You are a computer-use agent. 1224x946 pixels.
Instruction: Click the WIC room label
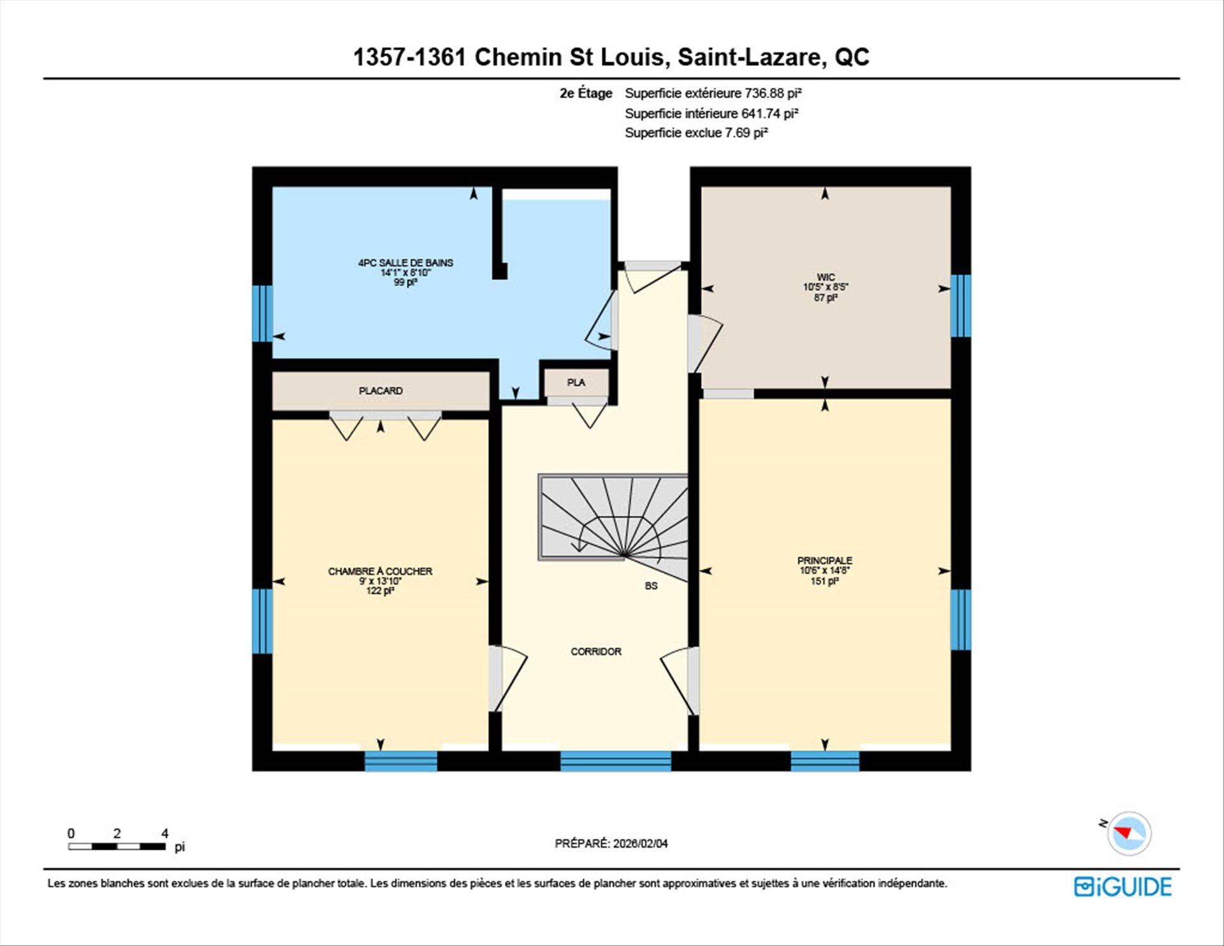pos(826,277)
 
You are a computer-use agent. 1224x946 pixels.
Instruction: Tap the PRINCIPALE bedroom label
pos(825,561)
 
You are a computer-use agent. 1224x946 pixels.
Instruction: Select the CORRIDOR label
pos(596,651)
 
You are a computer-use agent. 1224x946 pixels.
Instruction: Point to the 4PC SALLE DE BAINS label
pos(405,263)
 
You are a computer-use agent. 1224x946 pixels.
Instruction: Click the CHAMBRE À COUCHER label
pos(380,572)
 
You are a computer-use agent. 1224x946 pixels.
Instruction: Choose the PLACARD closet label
pos(381,390)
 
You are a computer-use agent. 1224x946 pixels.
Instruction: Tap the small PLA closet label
pos(576,382)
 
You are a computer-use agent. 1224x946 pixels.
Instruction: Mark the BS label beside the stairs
pos(651,586)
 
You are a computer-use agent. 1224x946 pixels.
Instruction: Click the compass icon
pos(1129,833)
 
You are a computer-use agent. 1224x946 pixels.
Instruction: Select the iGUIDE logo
pos(1123,887)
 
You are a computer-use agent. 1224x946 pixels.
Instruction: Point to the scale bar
pos(117,846)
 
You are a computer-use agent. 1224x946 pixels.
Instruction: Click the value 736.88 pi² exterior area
pos(773,93)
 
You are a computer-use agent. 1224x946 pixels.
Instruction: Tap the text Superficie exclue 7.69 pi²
pos(696,133)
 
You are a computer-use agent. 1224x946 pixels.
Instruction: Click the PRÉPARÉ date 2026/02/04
pos(641,843)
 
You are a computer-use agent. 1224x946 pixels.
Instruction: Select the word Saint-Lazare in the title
pos(749,57)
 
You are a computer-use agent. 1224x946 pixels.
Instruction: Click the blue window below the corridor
pos(615,761)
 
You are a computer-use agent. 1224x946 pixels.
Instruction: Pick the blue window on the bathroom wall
pos(262,313)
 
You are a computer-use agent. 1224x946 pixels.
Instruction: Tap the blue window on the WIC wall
pos(961,306)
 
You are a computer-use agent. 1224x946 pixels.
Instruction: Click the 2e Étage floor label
pos(586,93)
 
